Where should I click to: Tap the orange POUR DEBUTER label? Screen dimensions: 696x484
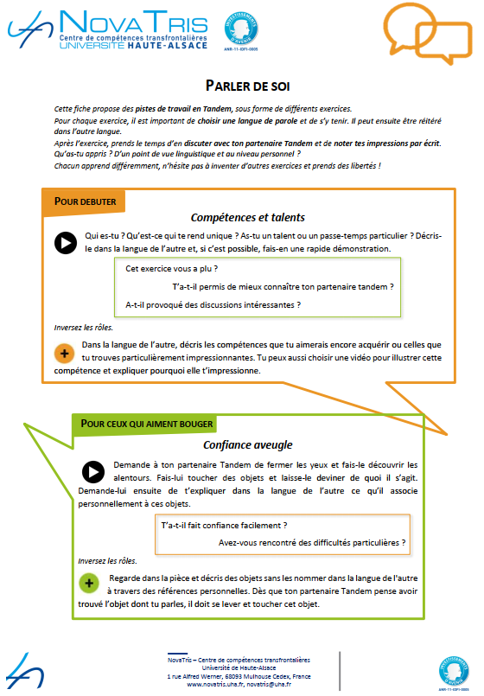point(85,201)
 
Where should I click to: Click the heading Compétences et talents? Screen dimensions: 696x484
point(247,217)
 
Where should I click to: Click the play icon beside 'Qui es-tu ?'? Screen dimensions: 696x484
point(65,243)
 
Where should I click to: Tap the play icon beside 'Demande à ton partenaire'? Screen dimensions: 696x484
point(92,472)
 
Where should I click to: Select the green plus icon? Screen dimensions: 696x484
point(89,584)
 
